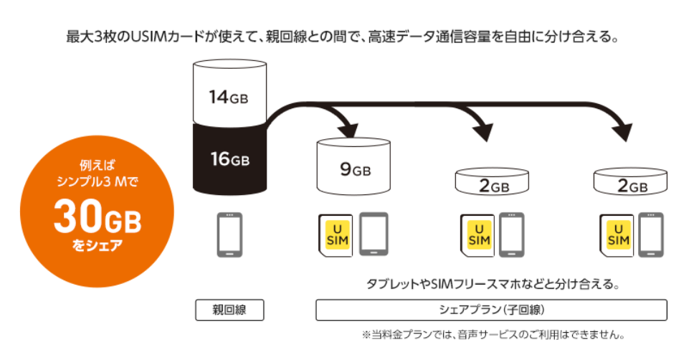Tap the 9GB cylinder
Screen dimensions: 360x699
[x=353, y=169]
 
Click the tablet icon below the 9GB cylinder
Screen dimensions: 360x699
[x=373, y=235]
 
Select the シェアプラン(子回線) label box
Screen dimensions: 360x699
[x=491, y=310]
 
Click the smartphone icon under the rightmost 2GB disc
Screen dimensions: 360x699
[x=650, y=235]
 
